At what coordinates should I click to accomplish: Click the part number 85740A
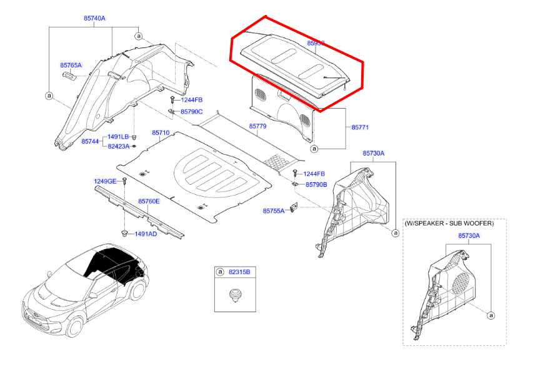pyautogui.click(x=95, y=18)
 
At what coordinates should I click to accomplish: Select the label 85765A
pyautogui.click(x=71, y=65)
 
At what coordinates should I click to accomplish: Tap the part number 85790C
pyautogui.click(x=191, y=112)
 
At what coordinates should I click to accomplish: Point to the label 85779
pyautogui.click(x=257, y=126)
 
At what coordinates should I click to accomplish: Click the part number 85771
pyautogui.click(x=360, y=127)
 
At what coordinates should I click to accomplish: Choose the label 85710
pyautogui.click(x=161, y=133)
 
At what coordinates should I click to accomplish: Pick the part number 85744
pyautogui.click(x=90, y=142)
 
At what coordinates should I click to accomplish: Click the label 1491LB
pyautogui.click(x=117, y=137)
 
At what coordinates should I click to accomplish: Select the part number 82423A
pyautogui.click(x=118, y=146)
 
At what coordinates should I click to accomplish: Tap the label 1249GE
pyautogui.click(x=105, y=181)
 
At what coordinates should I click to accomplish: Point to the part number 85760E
pyautogui.click(x=149, y=201)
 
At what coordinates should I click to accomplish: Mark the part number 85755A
pyautogui.click(x=274, y=211)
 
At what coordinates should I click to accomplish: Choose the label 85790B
pyautogui.click(x=316, y=185)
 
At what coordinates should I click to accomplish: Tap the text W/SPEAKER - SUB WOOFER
pyautogui.click(x=449, y=223)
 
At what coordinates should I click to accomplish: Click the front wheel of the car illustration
pyautogui.click(x=76, y=327)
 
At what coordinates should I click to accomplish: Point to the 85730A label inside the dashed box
pyautogui.click(x=469, y=235)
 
